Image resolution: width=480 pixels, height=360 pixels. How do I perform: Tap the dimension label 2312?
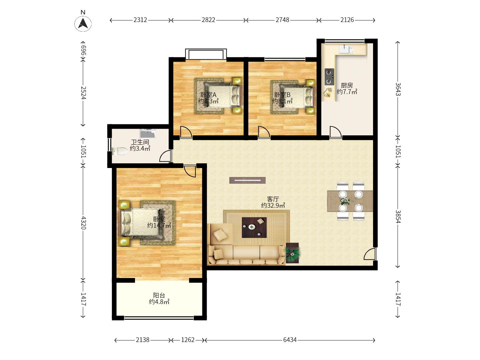pyautogui.click(x=140, y=20)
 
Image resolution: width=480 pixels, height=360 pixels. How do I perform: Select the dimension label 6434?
pyautogui.click(x=290, y=340)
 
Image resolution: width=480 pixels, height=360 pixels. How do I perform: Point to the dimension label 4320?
pyautogui.click(x=83, y=223)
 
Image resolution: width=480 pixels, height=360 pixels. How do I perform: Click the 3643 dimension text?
pyautogui.click(x=398, y=89)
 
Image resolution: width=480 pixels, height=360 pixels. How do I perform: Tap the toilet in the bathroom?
pyautogui.click(x=119, y=151)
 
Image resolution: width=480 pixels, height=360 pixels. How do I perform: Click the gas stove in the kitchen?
pyautogui.click(x=329, y=77)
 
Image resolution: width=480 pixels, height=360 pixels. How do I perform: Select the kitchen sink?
pyautogui.click(x=346, y=49)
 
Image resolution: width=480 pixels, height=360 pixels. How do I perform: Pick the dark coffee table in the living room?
pyautogui.click(x=254, y=227)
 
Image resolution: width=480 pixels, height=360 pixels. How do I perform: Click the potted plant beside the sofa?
pyautogui.click(x=292, y=253)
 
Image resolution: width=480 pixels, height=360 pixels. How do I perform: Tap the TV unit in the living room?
pyautogui.click(x=247, y=180)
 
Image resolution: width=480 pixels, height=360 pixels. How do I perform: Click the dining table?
pyautogui.click(x=350, y=201)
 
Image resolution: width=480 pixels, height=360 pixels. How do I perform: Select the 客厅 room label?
pyautogui.click(x=273, y=199)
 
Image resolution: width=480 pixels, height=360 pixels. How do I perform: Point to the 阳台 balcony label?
pyautogui.click(x=159, y=296)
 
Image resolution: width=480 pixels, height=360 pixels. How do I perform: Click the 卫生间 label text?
pyautogui.click(x=140, y=142)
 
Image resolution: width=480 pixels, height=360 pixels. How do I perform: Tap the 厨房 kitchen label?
pyautogui.click(x=347, y=85)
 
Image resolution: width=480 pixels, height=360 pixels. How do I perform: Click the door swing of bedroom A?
pyautogui.click(x=186, y=132)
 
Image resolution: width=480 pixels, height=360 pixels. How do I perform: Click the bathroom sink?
pyautogui.click(x=148, y=133)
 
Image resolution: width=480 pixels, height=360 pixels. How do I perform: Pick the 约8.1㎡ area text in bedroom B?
pyautogui.click(x=282, y=101)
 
